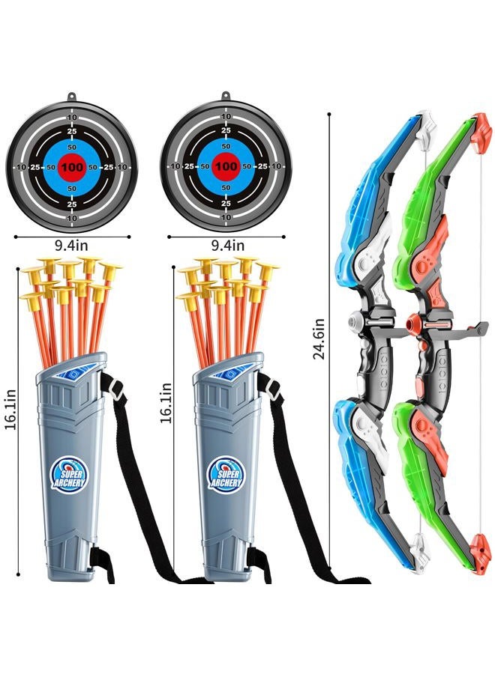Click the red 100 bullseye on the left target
point(72,167)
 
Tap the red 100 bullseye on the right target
point(226,166)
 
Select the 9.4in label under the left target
point(71,246)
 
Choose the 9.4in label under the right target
point(228,246)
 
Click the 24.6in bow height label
point(319,338)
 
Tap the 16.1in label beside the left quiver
point(10,409)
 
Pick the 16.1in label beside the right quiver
point(166,403)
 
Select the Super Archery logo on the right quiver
point(225,475)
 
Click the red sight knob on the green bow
point(412,321)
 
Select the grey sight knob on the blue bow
point(354,321)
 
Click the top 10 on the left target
point(72,117)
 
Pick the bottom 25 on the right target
point(226,203)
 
